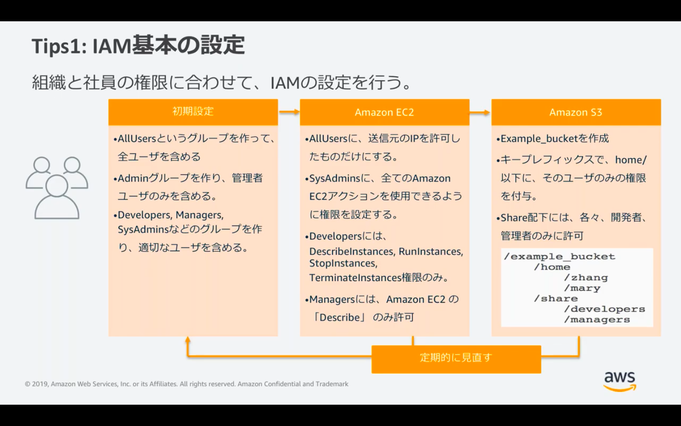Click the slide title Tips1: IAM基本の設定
click(x=138, y=46)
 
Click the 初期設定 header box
click(x=193, y=112)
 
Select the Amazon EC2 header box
click(x=384, y=112)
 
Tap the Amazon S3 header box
click(x=576, y=112)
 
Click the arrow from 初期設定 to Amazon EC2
click(x=289, y=112)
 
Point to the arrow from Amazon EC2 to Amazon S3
click(x=480, y=112)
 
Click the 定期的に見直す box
click(x=456, y=358)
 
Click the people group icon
click(x=57, y=187)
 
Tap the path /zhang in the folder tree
click(x=586, y=278)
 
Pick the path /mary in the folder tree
click(x=582, y=288)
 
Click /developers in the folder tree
click(x=604, y=309)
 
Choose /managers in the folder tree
click(x=597, y=319)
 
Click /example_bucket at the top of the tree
click(x=559, y=257)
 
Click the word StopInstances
click(x=342, y=264)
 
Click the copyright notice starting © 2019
click(x=186, y=384)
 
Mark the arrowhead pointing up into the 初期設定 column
click(x=188, y=340)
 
